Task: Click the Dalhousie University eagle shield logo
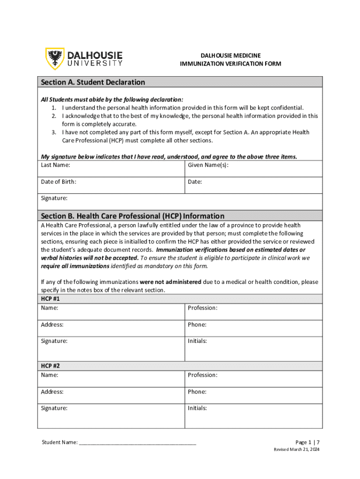55,58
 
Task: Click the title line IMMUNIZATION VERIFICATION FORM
230,64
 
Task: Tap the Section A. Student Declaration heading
93,82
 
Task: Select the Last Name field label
56,165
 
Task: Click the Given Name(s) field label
208,165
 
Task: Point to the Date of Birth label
58,181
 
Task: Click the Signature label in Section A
54,198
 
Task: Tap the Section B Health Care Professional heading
133,216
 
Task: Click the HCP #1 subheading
50,298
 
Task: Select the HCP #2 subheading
50,366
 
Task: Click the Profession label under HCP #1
202,308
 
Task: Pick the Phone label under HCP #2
197,392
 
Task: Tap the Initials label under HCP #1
197,341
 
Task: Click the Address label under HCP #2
52,392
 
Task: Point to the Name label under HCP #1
50,308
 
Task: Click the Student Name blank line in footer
137,443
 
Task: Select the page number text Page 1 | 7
307,442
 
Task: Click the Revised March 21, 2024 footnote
296,450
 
